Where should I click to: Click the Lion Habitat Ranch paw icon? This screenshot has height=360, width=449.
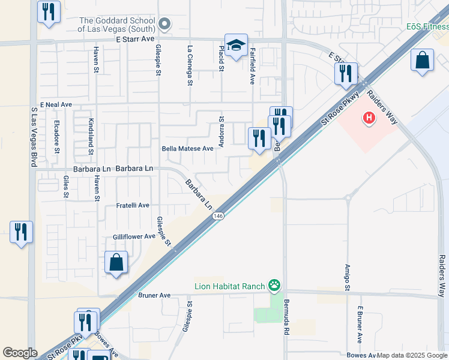click(x=275, y=285)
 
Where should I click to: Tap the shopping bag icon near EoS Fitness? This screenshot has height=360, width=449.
click(x=423, y=61)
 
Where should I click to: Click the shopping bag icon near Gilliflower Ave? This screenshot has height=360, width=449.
click(x=116, y=263)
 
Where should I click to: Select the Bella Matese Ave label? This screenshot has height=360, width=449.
click(x=187, y=148)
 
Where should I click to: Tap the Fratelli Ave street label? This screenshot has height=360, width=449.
click(x=132, y=205)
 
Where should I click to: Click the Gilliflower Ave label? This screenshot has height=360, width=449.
click(x=134, y=237)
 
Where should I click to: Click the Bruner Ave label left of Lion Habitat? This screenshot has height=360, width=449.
click(x=154, y=295)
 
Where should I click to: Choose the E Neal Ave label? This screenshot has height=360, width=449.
click(x=56, y=104)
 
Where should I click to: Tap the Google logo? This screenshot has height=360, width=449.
click(x=20, y=353)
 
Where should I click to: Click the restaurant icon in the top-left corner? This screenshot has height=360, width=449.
click(x=48, y=11)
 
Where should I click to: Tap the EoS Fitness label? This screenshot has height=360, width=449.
click(x=427, y=26)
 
